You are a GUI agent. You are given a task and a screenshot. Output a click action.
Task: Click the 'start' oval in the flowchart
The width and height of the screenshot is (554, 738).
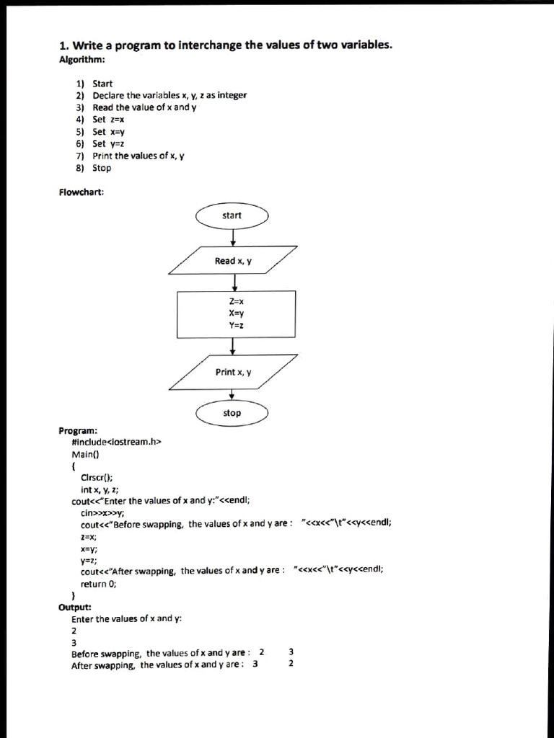click(232, 215)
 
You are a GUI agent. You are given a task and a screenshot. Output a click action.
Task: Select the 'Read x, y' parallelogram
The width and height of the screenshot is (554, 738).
click(232, 261)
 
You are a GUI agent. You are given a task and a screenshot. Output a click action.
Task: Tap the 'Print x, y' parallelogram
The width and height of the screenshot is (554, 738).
click(232, 372)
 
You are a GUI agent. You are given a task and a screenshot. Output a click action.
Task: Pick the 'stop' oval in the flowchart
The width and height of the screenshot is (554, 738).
click(232, 413)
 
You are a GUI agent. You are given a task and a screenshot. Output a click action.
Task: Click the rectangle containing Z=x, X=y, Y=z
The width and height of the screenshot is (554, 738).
click(236, 314)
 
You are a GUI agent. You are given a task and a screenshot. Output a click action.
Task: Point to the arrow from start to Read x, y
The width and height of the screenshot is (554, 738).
click(232, 236)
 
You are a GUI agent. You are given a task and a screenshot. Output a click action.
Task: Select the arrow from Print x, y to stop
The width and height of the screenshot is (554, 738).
click(232, 395)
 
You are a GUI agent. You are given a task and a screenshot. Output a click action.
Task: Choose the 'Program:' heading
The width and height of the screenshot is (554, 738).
click(78, 430)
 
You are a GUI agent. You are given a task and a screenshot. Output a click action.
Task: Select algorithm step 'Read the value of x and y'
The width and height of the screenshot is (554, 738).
click(144, 107)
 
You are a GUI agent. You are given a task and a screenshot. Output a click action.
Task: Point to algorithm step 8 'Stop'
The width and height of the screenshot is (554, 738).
click(102, 168)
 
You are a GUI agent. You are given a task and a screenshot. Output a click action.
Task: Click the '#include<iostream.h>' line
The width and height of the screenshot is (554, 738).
click(115, 443)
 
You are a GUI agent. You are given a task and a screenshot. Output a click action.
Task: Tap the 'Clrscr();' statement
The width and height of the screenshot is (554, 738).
click(97, 477)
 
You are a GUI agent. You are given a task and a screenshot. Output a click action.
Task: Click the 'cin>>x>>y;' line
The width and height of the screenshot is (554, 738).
click(102, 512)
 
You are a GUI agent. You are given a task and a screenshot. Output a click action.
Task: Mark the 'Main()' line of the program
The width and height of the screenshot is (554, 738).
click(84, 454)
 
